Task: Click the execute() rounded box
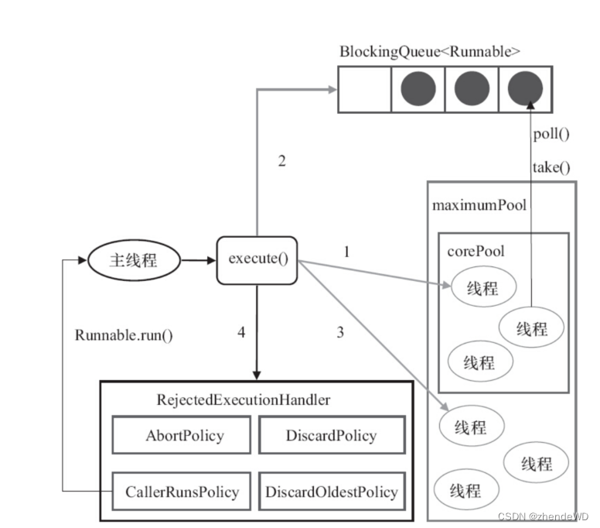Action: [x=257, y=259]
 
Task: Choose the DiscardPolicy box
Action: [x=331, y=435]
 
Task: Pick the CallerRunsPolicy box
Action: [x=182, y=491]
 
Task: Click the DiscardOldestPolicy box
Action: [x=331, y=491]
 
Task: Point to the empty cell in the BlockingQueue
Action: [x=364, y=89]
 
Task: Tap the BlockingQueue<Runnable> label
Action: [x=429, y=52]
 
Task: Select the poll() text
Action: [x=551, y=133]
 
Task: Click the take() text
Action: [x=551, y=166]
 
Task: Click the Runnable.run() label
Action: [x=124, y=335]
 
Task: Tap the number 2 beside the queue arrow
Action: [x=281, y=161]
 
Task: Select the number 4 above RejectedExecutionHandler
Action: [x=242, y=333]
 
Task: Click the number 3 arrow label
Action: [x=339, y=333]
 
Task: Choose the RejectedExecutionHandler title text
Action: [x=243, y=399]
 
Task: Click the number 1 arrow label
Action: [x=346, y=252]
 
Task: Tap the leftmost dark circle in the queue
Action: [x=418, y=89]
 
